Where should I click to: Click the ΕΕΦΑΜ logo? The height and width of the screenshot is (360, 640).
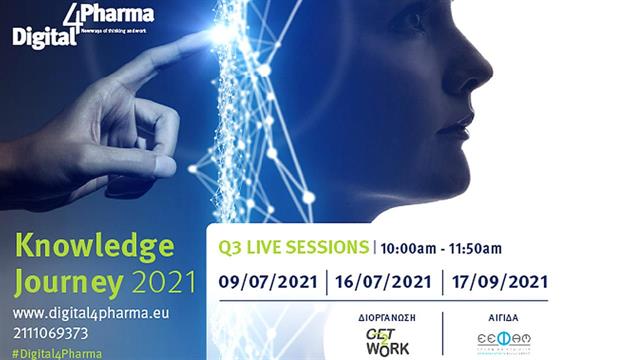[503, 340]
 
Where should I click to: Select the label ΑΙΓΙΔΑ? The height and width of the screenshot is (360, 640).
[503, 316]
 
